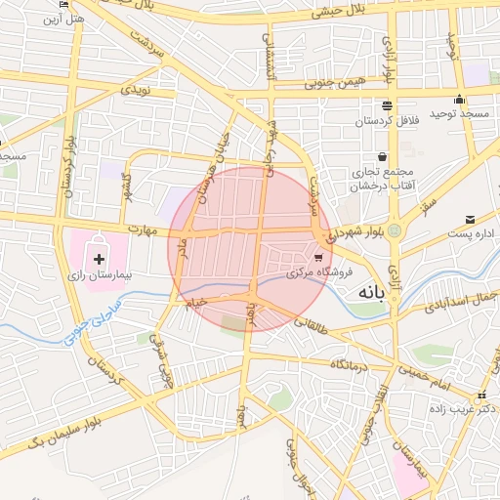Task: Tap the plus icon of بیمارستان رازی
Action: tap(99, 260)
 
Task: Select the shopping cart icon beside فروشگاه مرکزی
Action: tap(318, 259)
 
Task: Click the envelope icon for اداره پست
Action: tap(471, 220)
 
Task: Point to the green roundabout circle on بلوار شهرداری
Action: tap(395, 230)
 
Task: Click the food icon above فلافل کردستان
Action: tap(388, 104)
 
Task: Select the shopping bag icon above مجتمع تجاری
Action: tap(381, 155)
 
